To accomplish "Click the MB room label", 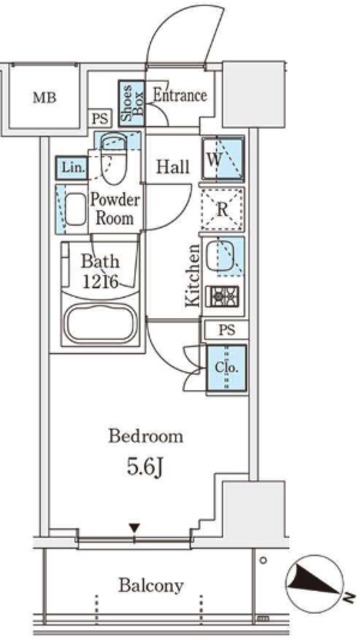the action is (x=44, y=98).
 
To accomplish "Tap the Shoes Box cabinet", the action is (x=131, y=103).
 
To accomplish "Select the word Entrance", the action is (x=180, y=96).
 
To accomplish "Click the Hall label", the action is (x=173, y=167).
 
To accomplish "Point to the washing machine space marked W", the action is (x=224, y=159).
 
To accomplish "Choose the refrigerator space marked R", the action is (x=223, y=209).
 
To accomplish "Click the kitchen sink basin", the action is (x=220, y=257).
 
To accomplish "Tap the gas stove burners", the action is (x=222, y=295).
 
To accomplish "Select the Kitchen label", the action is (x=192, y=275).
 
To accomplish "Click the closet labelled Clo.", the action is (x=227, y=368).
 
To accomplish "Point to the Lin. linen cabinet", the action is (x=72, y=168).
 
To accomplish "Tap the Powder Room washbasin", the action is (x=76, y=209).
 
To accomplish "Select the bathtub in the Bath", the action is (x=100, y=325).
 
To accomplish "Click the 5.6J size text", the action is (x=145, y=468).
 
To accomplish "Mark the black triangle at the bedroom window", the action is (x=135, y=529).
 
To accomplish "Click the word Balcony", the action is (x=151, y=586).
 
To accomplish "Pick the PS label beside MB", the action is (x=100, y=119).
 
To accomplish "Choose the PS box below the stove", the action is (x=227, y=330).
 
